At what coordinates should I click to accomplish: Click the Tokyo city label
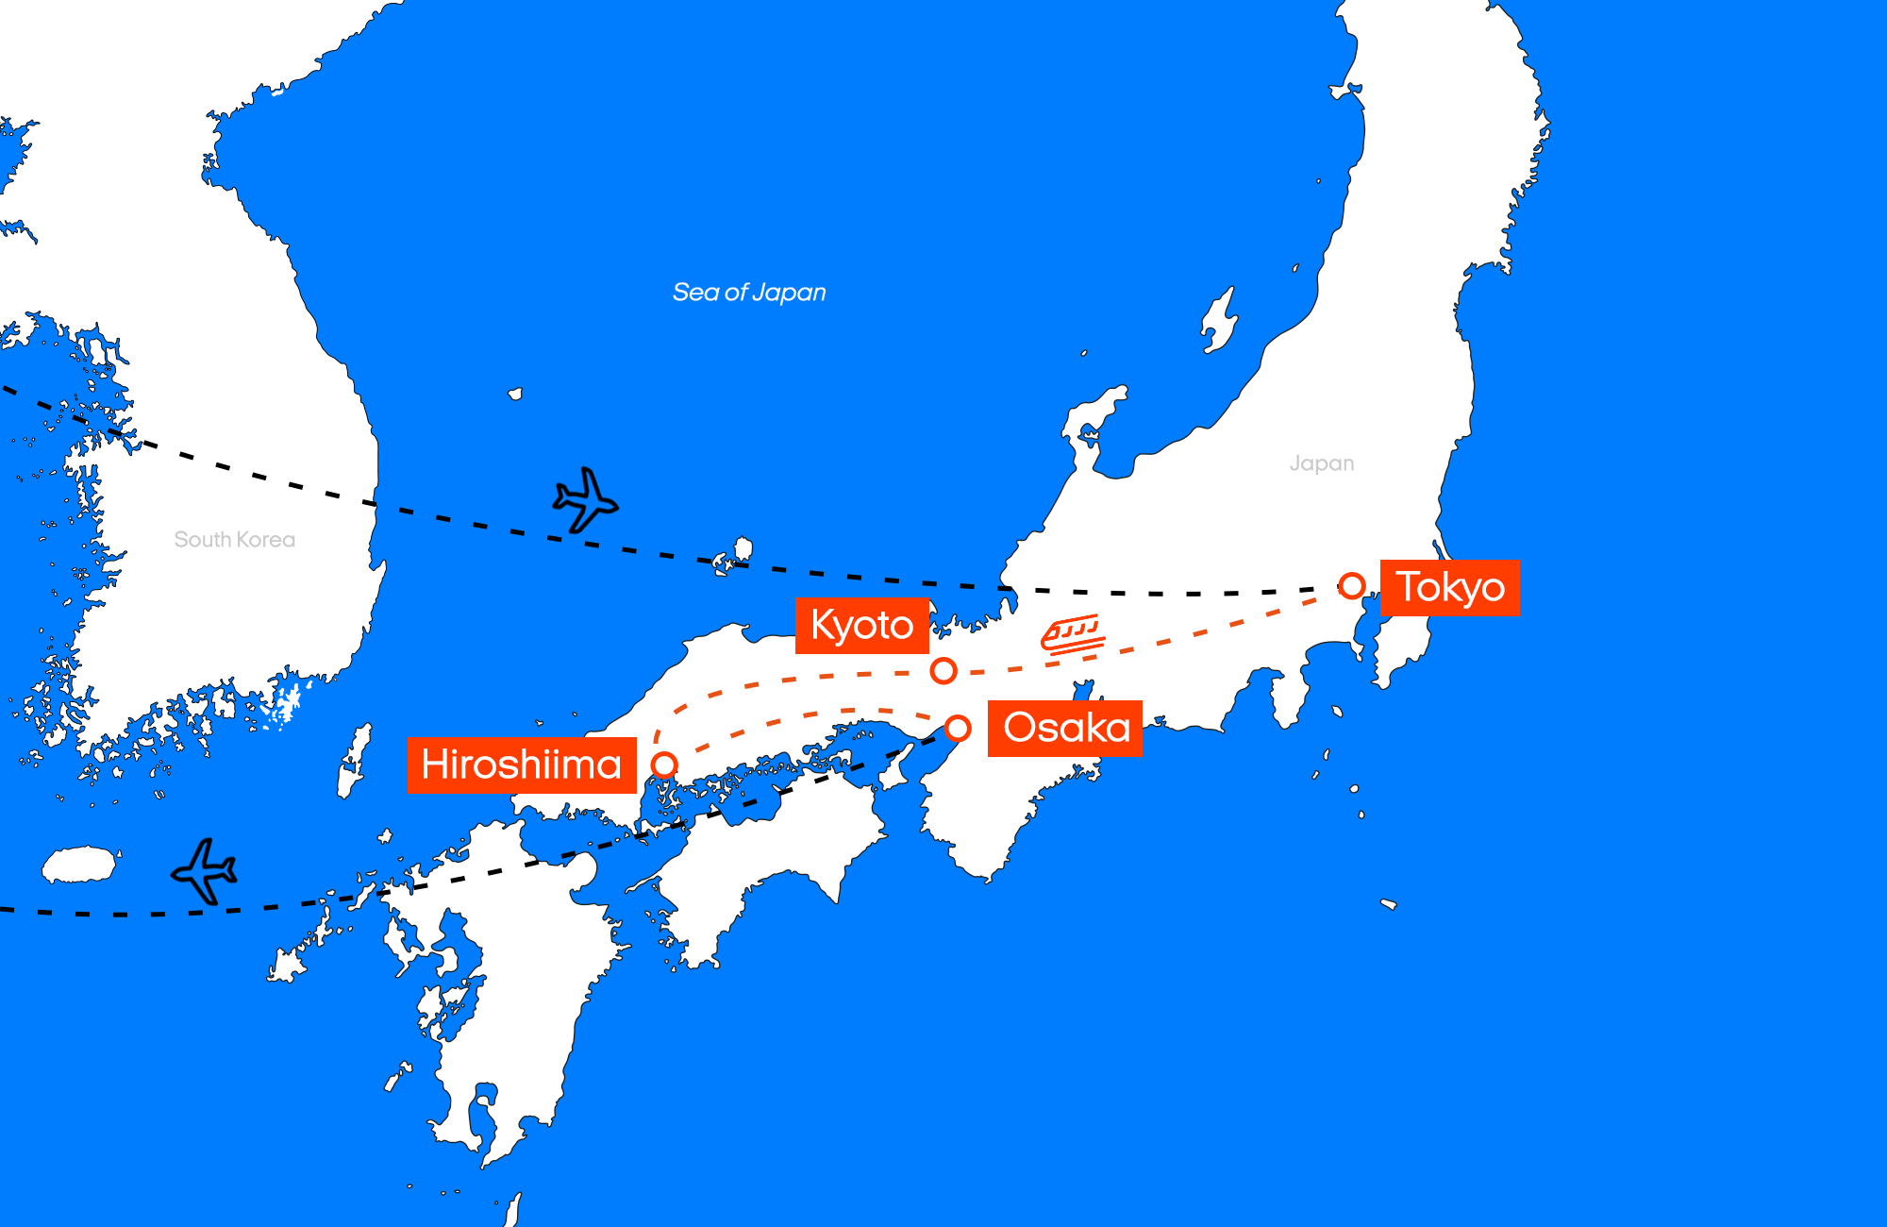click(x=1450, y=588)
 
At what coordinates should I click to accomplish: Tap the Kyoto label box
click(x=861, y=626)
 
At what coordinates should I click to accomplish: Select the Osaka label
click(x=1065, y=728)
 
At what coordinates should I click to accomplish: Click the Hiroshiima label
click(x=522, y=765)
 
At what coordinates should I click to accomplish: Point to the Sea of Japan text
click(x=749, y=293)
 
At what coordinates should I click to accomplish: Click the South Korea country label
click(x=235, y=540)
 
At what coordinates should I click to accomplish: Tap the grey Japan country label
click(x=1321, y=463)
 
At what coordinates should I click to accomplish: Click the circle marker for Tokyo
click(x=1351, y=586)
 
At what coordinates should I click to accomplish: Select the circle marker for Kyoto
click(x=943, y=671)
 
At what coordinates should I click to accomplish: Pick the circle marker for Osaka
click(x=958, y=729)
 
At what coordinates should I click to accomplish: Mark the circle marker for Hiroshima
click(x=664, y=765)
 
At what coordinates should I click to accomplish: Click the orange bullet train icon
click(x=1073, y=634)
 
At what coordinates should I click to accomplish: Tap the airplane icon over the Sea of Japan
click(x=585, y=499)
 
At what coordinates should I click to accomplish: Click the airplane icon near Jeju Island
click(x=205, y=870)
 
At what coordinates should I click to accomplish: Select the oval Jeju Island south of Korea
click(x=80, y=865)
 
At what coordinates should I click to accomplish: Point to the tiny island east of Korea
click(x=515, y=394)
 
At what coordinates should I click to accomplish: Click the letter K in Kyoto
click(x=822, y=625)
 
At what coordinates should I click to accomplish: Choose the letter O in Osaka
click(x=1020, y=728)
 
